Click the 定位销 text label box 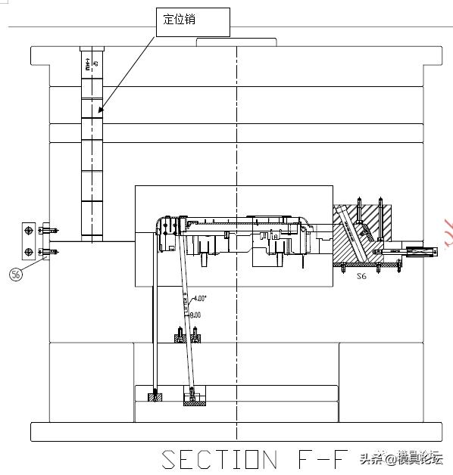point(193,21)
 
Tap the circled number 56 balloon point(16,275)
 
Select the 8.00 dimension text point(195,314)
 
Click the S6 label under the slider point(361,277)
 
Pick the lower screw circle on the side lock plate point(29,252)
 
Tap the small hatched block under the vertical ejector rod point(155,396)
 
